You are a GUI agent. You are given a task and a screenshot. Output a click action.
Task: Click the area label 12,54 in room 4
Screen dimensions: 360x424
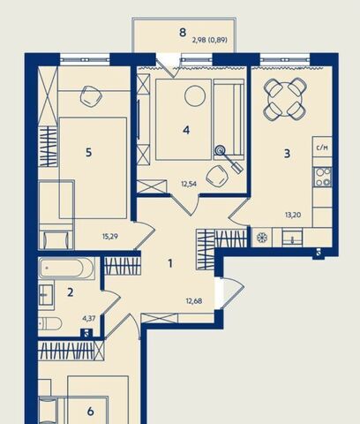click(x=189, y=185)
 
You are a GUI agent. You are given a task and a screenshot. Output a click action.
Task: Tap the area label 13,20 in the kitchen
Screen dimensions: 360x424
click(x=293, y=215)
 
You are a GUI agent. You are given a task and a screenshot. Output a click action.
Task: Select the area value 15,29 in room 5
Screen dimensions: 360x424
click(x=110, y=236)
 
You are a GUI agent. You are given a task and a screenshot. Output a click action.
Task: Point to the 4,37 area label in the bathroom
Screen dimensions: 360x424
click(x=89, y=318)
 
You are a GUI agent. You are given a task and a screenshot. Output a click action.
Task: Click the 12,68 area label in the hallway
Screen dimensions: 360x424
click(x=194, y=301)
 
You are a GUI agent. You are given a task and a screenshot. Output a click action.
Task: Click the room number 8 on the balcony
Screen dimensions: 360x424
click(x=183, y=32)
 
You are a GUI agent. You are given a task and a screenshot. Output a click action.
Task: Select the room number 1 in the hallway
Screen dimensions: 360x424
click(x=170, y=263)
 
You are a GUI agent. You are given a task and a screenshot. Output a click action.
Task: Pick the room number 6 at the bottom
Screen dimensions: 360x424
click(x=90, y=411)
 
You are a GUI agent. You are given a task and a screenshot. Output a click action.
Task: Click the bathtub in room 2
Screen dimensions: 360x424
click(x=66, y=269)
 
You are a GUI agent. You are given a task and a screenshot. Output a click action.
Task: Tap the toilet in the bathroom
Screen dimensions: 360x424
click(x=49, y=324)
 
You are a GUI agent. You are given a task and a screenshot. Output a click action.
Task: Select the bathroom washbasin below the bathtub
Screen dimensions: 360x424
click(x=46, y=295)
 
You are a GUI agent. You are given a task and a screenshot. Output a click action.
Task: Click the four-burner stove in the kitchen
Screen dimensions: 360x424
click(x=323, y=177)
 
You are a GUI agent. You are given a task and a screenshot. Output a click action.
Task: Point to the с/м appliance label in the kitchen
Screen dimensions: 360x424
click(x=322, y=148)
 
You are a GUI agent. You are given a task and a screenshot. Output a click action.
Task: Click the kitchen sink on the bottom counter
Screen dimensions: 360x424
click(x=292, y=238)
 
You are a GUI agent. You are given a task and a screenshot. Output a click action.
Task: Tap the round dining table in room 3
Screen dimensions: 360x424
click(x=285, y=99)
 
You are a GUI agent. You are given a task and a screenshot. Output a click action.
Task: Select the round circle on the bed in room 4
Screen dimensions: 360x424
click(x=195, y=95)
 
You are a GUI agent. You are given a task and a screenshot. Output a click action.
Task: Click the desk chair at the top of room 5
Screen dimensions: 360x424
click(x=91, y=96)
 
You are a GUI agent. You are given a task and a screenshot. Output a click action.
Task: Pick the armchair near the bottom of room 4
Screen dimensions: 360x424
click(x=217, y=177)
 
